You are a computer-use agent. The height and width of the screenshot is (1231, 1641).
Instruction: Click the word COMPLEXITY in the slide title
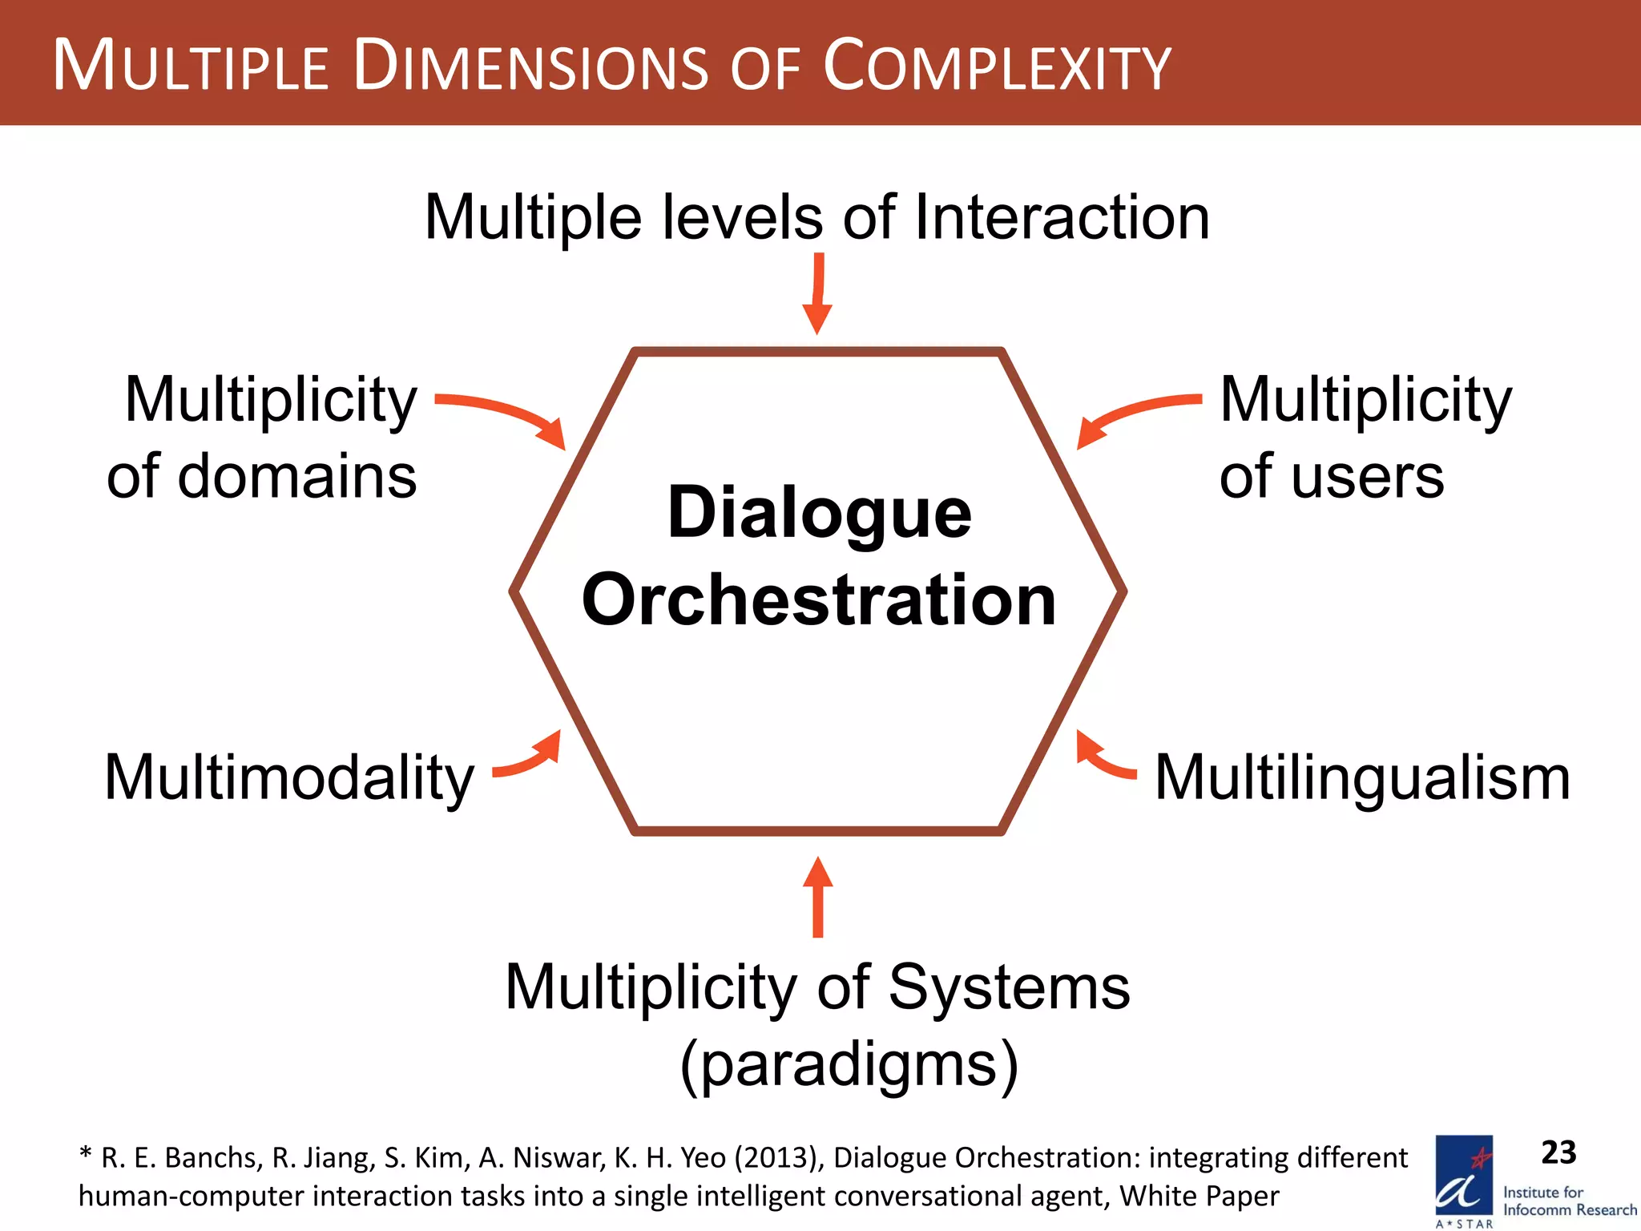click(997, 66)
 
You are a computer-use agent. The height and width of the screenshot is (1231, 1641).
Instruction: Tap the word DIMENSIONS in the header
click(530, 66)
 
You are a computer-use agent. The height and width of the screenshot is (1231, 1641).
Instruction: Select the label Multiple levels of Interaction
click(816, 217)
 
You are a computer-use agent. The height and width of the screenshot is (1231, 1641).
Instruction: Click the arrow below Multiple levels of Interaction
click(817, 294)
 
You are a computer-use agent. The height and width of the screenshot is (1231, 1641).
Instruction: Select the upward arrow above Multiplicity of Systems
click(817, 898)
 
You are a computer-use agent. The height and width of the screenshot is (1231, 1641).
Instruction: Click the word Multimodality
click(289, 777)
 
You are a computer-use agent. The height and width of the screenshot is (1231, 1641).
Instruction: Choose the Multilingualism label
click(1362, 777)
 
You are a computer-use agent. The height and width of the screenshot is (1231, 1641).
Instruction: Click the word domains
click(297, 477)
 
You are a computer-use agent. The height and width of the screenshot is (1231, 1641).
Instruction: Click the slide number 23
click(1558, 1152)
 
